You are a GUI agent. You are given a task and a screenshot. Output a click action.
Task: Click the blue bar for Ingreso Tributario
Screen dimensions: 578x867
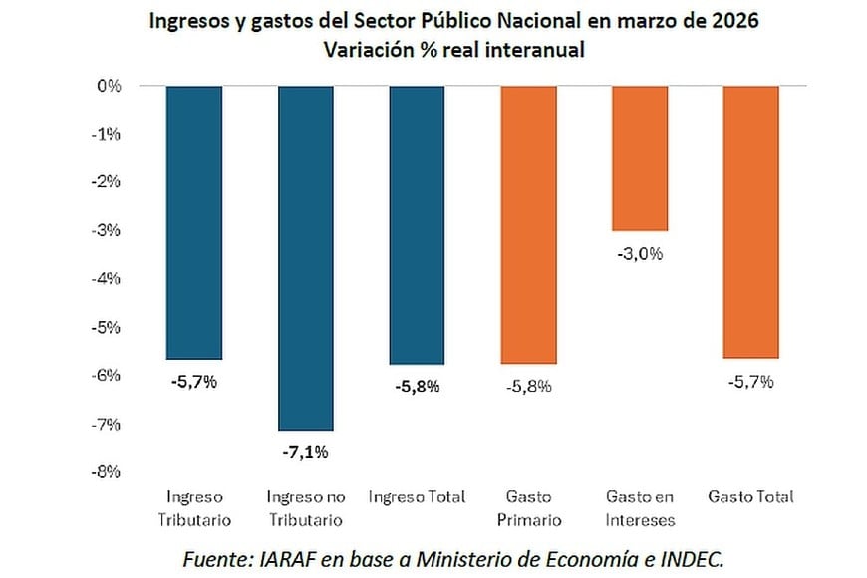point(194,222)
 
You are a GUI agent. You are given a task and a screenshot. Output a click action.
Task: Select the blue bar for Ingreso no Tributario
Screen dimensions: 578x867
point(306,257)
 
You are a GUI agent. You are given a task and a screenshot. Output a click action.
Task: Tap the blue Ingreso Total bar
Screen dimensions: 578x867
point(417,224)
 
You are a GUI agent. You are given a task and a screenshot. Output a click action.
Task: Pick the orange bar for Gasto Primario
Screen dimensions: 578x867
point(528,224)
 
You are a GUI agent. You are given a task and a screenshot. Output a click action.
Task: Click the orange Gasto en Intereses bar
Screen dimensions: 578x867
point(639,157)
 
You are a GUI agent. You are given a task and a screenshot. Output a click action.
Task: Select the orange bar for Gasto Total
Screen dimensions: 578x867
point(750,221)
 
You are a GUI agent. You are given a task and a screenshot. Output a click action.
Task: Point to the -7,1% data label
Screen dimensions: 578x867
point(305,452)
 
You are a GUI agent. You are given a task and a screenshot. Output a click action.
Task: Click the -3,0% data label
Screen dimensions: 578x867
point(640,253)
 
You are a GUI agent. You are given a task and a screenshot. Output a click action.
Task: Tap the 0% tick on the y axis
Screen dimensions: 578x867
point(109,86)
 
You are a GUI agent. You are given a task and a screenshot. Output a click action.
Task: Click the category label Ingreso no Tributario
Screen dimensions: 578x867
point(305,508)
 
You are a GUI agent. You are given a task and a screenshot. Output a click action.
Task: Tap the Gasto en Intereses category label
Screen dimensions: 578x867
point(640,508)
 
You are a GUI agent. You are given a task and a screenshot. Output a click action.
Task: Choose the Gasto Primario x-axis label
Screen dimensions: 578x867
point(528,508)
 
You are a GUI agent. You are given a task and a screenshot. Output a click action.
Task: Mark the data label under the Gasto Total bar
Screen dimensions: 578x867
point(750,381)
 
